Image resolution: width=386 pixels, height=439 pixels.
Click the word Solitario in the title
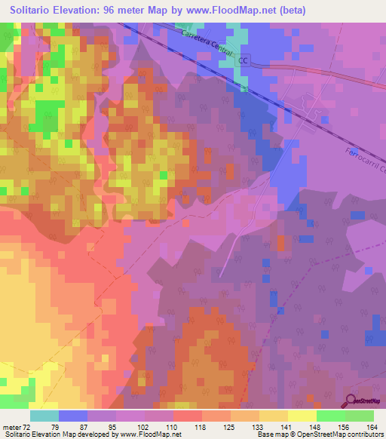pos(35,11)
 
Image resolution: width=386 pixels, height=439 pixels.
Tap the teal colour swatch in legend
pos(44,416)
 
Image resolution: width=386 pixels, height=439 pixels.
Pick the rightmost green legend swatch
pos(360,416)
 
